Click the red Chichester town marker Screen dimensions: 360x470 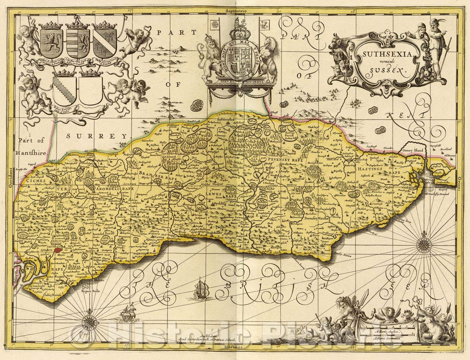pos(57,250)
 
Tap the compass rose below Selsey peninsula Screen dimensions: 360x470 pos(90,322)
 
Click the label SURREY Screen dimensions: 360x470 pos(97,136)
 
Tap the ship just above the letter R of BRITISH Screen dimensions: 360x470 pos(200,289)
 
